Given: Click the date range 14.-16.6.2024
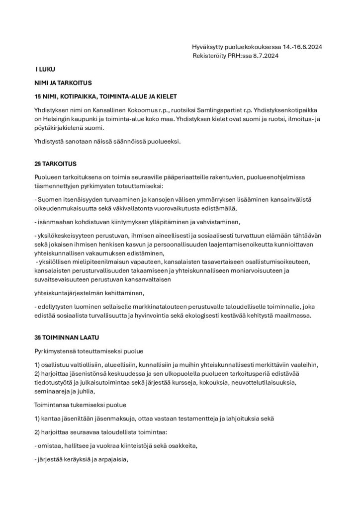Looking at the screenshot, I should (x=302, y=47).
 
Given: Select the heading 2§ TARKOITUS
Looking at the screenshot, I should (x=55, y=163).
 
